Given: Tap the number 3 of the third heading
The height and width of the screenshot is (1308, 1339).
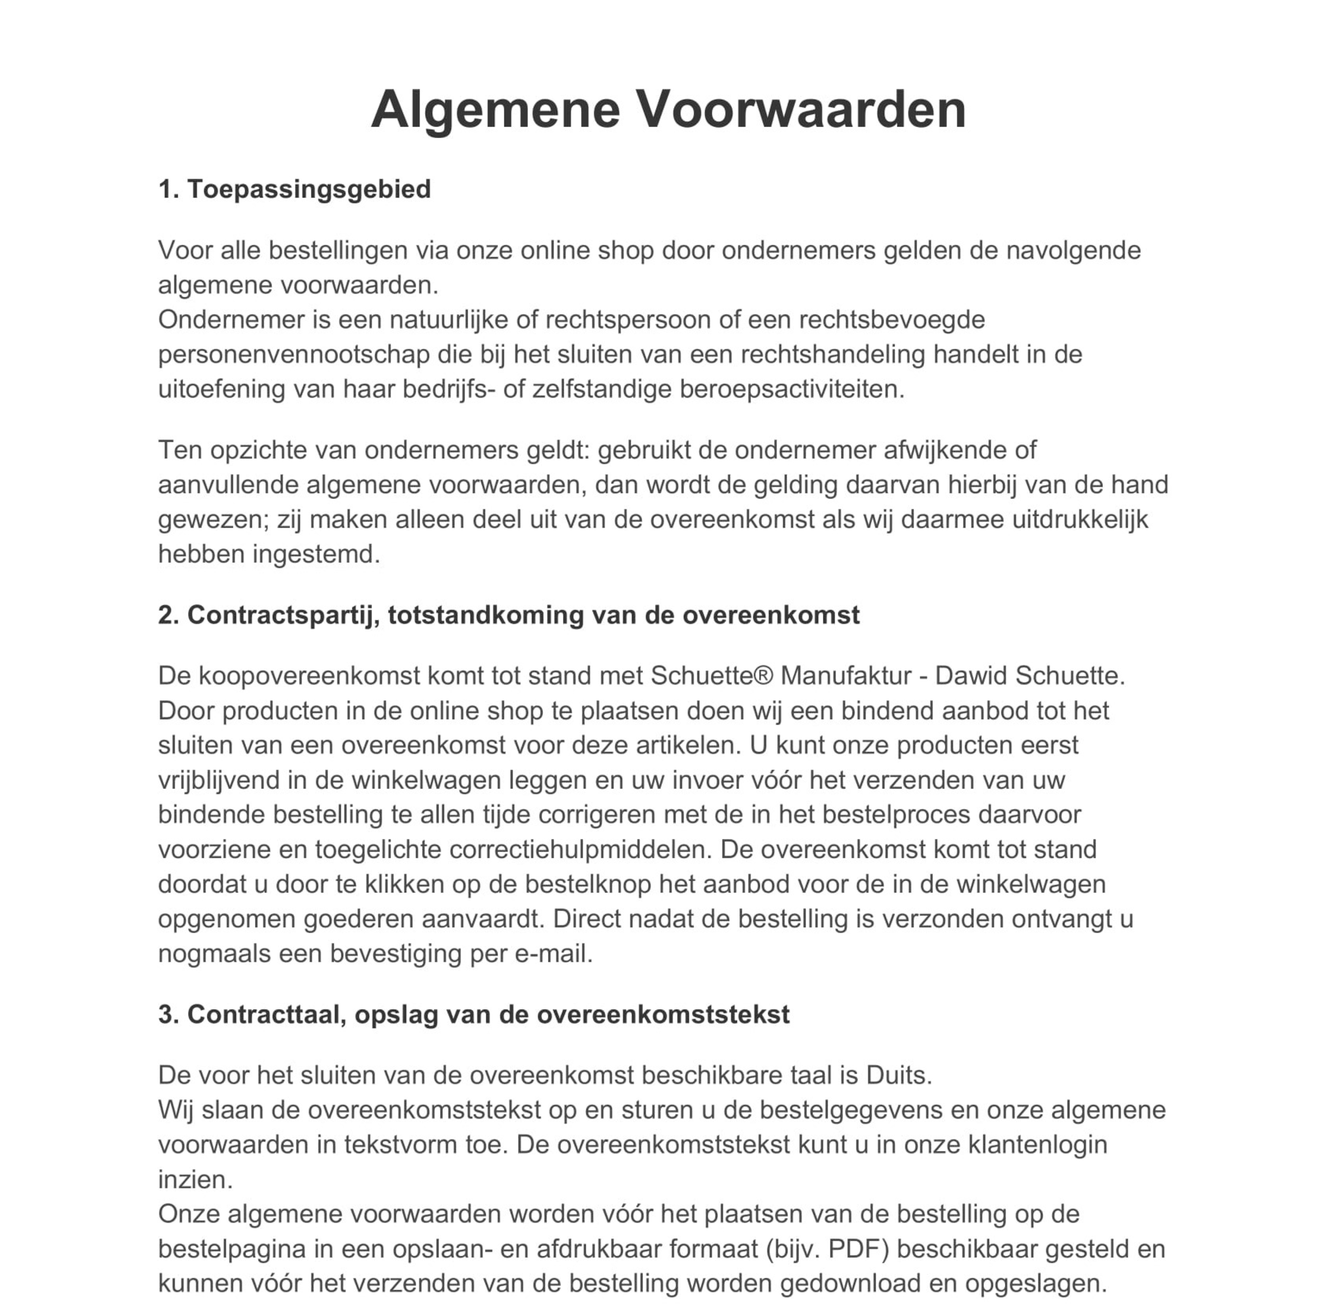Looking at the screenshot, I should (165, 1015).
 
